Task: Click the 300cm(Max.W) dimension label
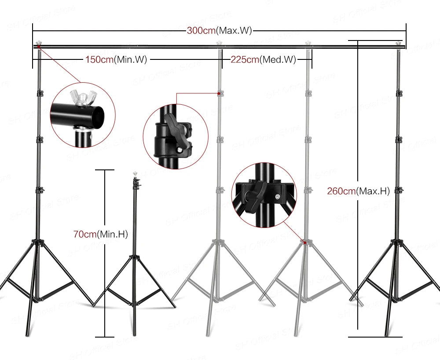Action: click(x=219, y=31)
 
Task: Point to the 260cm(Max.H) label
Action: click(x=358, y=191)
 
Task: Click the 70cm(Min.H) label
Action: click(x=100, y=234)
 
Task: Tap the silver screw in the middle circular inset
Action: click(x=180, y=151)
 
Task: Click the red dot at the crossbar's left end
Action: click(x=39, y=46)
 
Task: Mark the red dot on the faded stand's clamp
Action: click(x=219, y=93)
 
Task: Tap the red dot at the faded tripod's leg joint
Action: click(x=304, y=242)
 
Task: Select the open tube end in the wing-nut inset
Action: click(x=100, y=115)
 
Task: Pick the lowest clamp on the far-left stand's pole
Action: click(x=40, y=190)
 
